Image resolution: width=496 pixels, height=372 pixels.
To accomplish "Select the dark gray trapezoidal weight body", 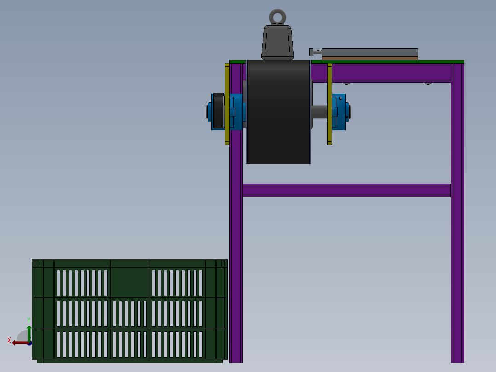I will [277, 42].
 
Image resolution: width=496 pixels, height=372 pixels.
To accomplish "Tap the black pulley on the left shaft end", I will [219, 111].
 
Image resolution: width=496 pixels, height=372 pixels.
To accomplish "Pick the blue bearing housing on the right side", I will [339, 112].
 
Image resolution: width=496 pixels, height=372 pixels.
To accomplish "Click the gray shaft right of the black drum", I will [319, 112].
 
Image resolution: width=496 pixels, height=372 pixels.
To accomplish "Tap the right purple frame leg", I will [457, 230].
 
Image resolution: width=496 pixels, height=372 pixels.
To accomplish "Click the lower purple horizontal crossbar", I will [346, 190].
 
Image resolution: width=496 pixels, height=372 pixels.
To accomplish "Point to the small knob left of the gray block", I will [312, 52].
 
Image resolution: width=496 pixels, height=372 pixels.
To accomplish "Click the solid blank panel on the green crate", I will [130, 283].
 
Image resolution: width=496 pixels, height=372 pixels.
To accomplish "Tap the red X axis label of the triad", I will [9, 340].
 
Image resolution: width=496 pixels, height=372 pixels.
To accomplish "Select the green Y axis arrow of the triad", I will [29, 331].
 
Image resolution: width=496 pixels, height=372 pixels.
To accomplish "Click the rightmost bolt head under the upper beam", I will [428, 83].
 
